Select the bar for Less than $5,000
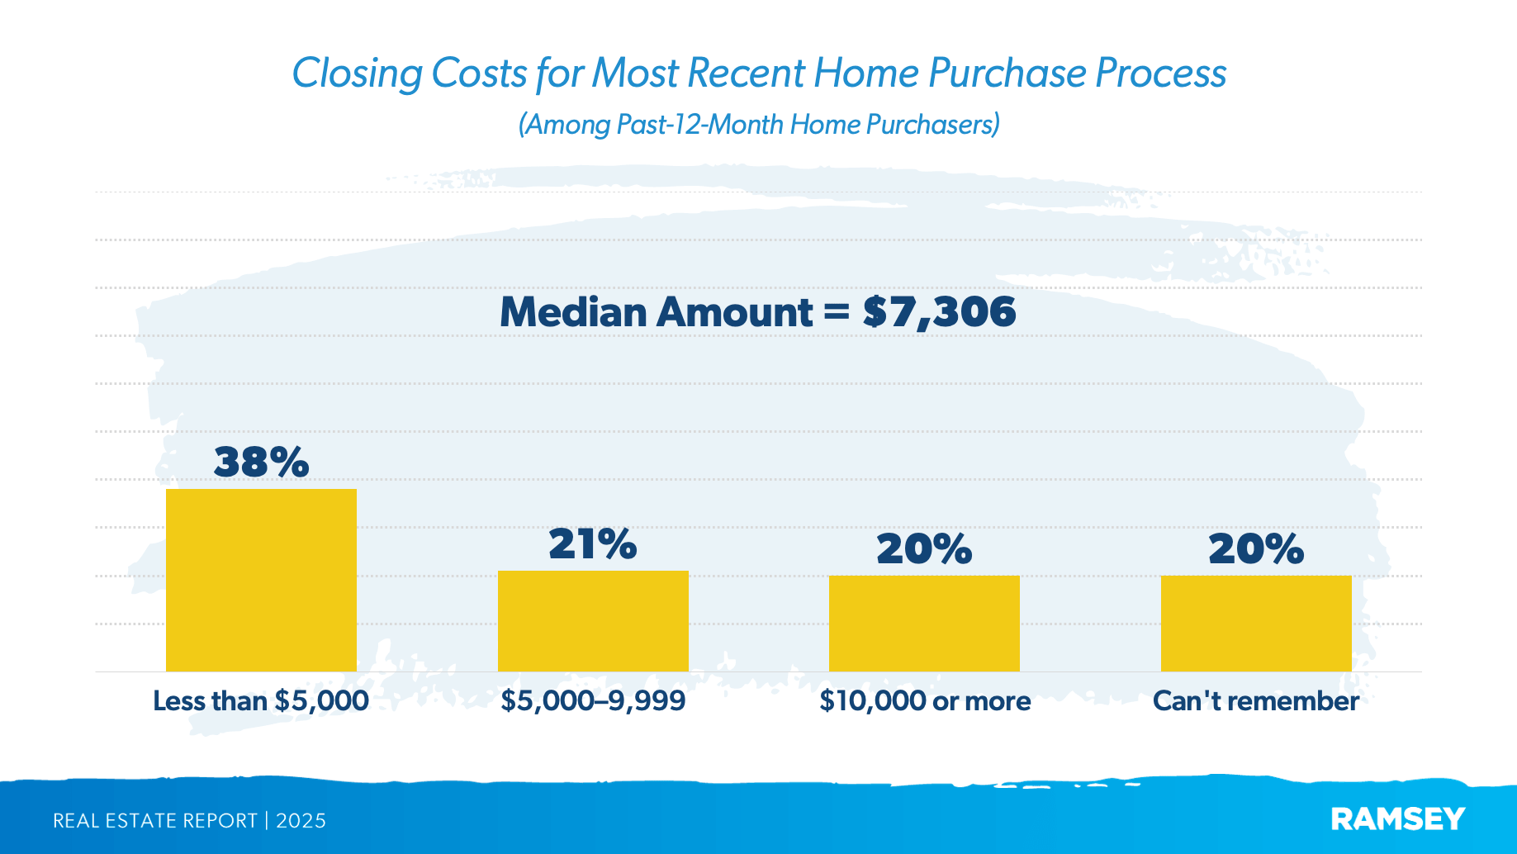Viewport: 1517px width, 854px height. [x=261, y=580]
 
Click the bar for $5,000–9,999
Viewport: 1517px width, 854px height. [x=593, y=621]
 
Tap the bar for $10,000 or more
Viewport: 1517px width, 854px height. [x=924, y=624]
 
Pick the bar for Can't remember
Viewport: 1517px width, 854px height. [x=1256, y=624]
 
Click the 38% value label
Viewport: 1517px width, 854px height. [x=261, y=462]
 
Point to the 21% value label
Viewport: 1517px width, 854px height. [x=593, y=544]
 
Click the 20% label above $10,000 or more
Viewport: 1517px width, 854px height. [x=924, y=549]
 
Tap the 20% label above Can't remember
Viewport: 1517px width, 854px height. [x=1256, y=549]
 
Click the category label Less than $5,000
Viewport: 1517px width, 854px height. [x=261, y=701]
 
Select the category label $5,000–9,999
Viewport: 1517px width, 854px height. [x=593, y=701]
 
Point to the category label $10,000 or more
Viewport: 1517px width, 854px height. [x=925, y=701]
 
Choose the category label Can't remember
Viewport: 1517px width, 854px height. [x=1255, y=701]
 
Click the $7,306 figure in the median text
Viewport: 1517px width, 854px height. [x=939, y=312]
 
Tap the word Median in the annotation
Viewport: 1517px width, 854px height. [x=573, y=312]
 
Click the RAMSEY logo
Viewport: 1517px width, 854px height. [x=1398, y=819]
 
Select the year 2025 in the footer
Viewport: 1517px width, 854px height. [x=301, y=821]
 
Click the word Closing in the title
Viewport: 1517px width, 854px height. [x=357, y=74]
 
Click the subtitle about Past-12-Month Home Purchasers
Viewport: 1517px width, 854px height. [x=759, y=125]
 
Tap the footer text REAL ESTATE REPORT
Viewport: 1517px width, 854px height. [x=155, y=821]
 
